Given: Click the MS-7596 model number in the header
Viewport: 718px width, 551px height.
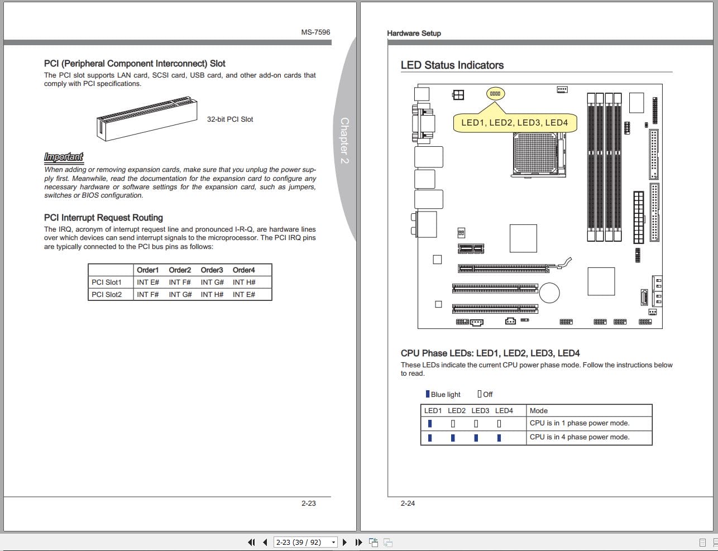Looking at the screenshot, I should point(315,32).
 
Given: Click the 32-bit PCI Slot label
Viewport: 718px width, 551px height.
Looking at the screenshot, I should point(229,119).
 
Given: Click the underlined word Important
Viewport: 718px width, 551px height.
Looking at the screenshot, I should point(63,157).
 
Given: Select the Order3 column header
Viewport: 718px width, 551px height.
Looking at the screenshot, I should point(212,270).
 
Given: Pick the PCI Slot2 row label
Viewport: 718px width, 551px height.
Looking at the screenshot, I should point(107,294).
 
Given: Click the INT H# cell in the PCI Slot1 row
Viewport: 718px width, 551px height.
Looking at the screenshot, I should point(243,282).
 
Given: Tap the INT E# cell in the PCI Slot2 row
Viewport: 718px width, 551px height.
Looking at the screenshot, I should point(243,294).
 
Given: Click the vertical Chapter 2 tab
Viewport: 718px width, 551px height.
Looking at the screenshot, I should point(344,140).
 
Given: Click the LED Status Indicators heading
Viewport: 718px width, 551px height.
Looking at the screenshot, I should point(452,65).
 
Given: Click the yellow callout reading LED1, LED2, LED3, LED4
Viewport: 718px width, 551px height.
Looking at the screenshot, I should point(514,123).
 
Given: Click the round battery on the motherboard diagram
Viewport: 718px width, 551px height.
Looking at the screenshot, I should point(549,293).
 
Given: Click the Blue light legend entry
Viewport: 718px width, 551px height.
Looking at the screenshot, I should point(443,394).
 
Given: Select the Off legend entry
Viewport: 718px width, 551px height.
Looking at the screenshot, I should point(485,394).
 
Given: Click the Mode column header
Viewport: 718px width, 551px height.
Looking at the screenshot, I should point(538,410).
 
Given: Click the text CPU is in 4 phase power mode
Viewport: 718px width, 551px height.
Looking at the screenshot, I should point(579,437).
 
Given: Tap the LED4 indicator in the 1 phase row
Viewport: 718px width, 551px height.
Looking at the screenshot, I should point(499,424).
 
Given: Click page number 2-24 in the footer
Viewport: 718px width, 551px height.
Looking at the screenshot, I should point(408,503).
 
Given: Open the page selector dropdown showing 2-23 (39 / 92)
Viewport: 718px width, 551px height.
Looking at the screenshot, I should point(306,542).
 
